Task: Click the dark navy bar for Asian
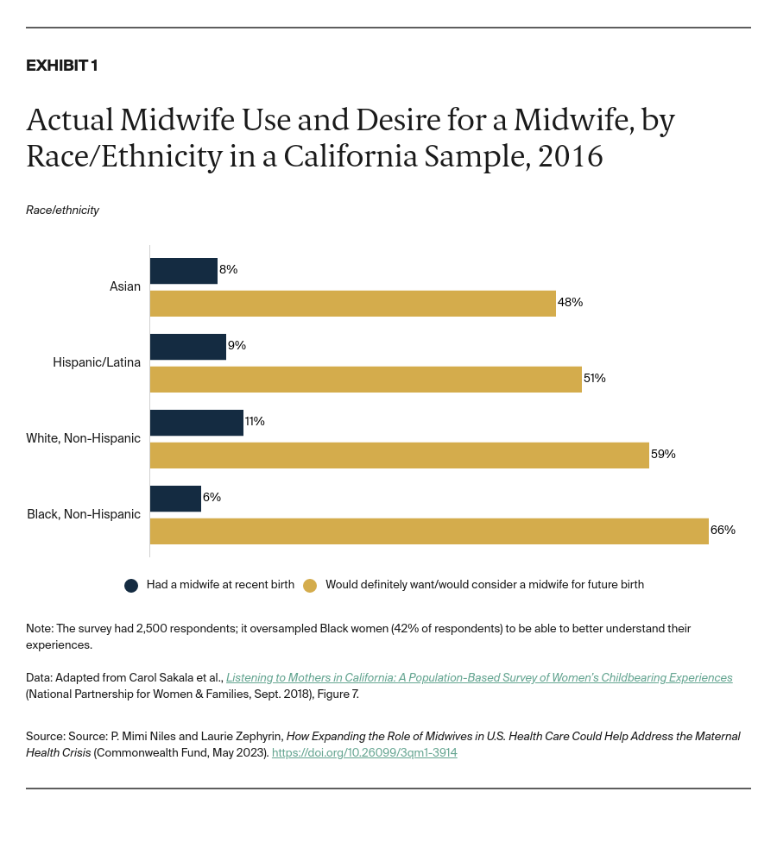[x=184, y=271]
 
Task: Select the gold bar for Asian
[x=352, y=304]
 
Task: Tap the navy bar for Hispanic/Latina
[x=188, y=347]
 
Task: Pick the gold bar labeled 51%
[x=365, y=380]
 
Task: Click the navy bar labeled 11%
[x=197, y=423]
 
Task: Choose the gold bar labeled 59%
[x=399, y=456]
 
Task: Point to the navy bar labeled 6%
[x=175, y=499]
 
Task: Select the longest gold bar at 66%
[x=429, y=531]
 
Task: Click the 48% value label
[x=571, y=303]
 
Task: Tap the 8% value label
[x=229, y=270]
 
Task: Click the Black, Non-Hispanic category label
[x=84, y=514]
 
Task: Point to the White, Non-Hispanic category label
[x=84, y=438]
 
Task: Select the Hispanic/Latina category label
[x=97, y=362]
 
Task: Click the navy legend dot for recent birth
[x=131, y=585]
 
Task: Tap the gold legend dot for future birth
[x=310, y=585]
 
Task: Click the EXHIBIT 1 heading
[x=61, y=66]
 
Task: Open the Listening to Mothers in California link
[x=479, y=678]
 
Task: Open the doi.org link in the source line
[x=364, y=753]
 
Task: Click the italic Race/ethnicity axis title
[x=62, y=210]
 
